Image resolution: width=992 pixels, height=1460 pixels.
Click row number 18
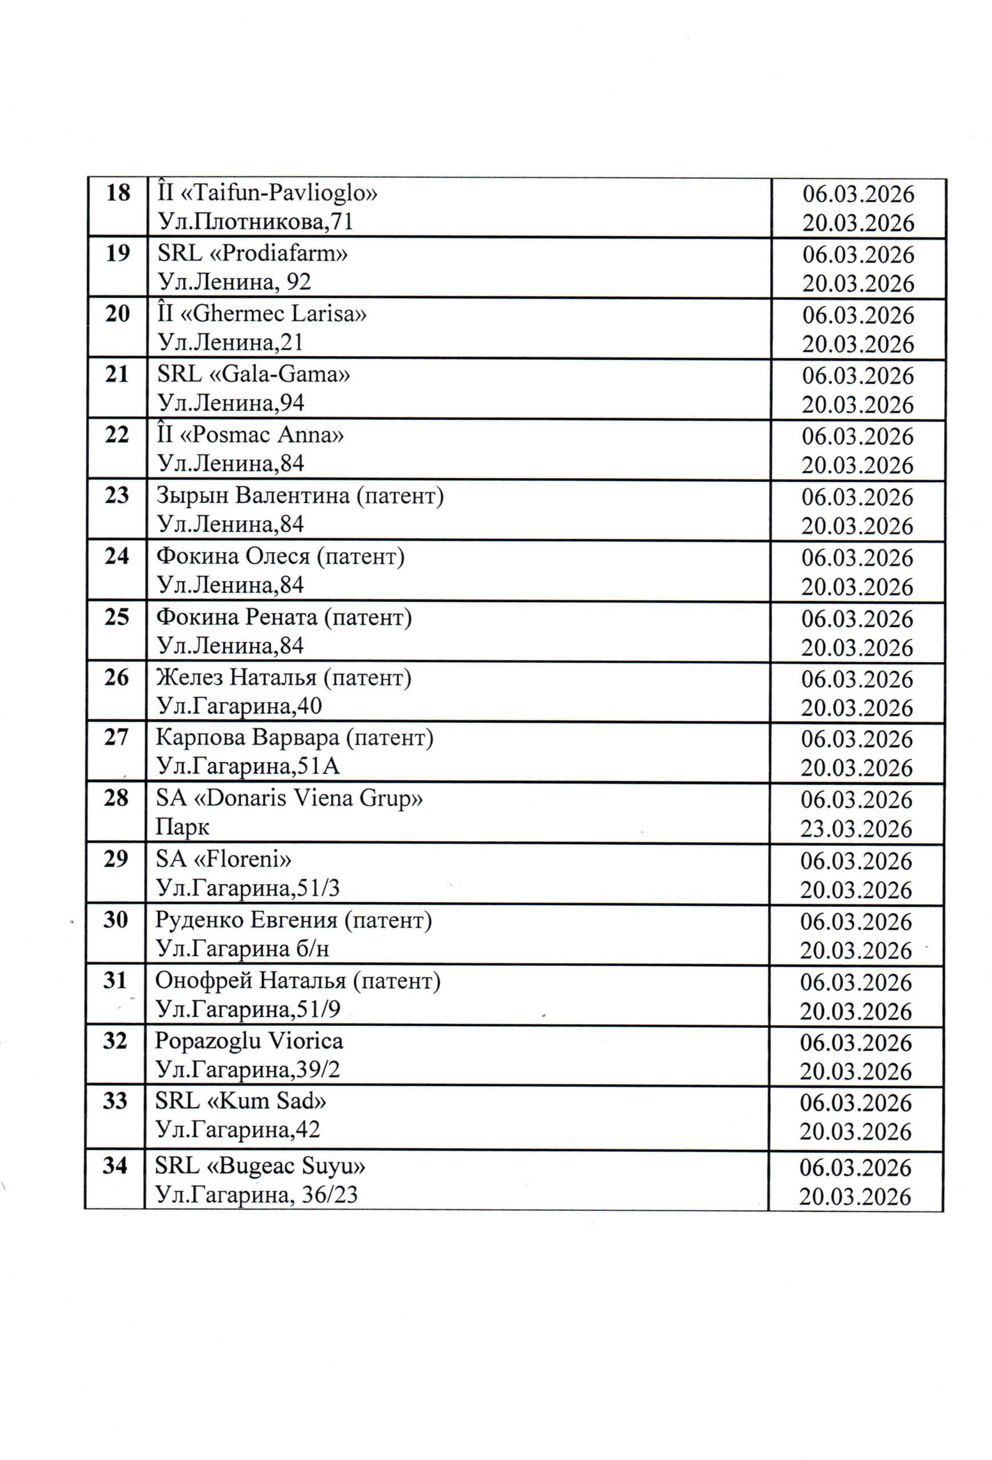[x=118, y=192]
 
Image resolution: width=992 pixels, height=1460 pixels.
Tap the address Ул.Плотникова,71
[x=256, y=222]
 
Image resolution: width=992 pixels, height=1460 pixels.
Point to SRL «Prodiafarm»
[x=253, y=253]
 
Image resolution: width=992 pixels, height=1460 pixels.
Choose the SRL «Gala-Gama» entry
[x=253, y=375]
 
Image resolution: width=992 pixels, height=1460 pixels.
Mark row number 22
[x=117, y=435]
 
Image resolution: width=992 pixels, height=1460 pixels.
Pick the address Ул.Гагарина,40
[x=239, y=706]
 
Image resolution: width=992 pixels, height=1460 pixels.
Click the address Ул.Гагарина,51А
[x=248, y=766]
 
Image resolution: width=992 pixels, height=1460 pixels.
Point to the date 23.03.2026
[x=856, y=829]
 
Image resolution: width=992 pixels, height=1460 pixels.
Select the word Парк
[x=182, y=827]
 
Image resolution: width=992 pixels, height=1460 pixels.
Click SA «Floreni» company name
[x=224, y=859]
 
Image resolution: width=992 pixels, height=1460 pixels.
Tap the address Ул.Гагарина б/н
[x=242, y=948]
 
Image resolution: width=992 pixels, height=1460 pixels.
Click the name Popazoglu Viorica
[x=249, y=1041]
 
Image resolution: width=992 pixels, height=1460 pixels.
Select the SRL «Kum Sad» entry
[x=241, y=1101]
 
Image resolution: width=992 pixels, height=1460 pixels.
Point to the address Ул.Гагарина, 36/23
[x=256, y=1194]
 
